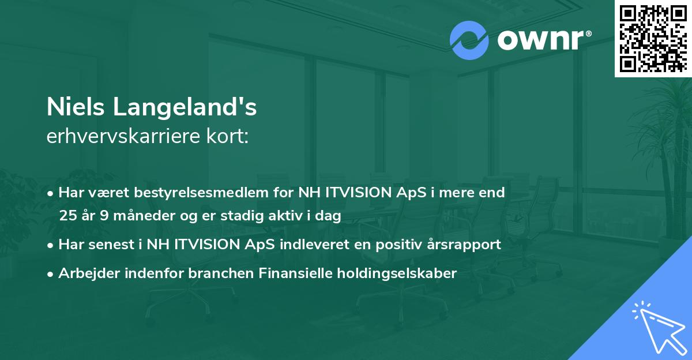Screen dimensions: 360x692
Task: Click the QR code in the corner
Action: pyautogui.click(x=653, y=38)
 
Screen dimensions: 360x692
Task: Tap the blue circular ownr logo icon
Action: pyautogui.click(x=469, y=40)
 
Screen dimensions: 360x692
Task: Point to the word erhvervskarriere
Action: pyautogui.click(x=123, y=137)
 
